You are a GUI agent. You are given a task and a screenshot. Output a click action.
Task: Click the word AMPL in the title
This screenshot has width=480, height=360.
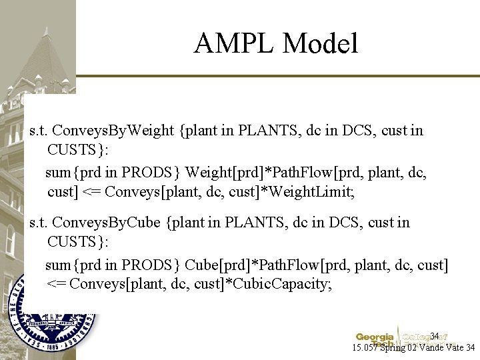[234, 44]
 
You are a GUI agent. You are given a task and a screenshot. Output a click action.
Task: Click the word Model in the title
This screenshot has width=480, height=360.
[320, 44]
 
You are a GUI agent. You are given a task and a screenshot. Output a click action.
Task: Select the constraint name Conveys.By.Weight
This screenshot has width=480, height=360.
[113, 130]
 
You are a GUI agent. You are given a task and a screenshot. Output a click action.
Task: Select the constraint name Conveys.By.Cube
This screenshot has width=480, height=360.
[107, 222]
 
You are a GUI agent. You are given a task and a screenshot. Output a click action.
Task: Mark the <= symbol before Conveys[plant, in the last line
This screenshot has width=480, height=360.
[56, 285]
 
